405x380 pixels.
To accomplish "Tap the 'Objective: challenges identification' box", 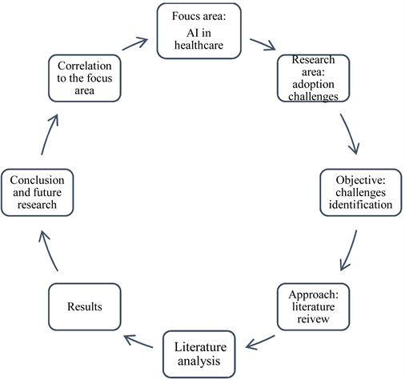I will tap(358, 190).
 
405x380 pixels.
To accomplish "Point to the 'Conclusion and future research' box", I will tap(38, 191).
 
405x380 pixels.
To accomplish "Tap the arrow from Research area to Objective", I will tap(350, 134).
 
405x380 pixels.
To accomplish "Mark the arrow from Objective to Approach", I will tap(350, 251).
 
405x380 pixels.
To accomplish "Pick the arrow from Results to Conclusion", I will tap(50, 250).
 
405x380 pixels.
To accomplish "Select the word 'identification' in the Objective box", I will tap(358, 204).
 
